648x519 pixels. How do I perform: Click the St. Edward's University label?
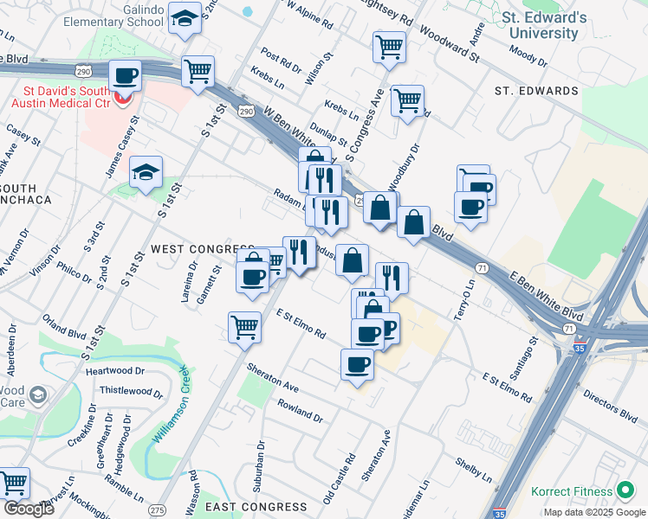(544, 25)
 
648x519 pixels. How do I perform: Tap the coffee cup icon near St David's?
(126, 76)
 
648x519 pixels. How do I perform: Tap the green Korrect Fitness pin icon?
(625, 491)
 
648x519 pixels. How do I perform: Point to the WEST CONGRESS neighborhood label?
(202, 248)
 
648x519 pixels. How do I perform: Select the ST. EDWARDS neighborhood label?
(535, 91)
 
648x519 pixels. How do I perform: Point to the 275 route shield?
(158, 510)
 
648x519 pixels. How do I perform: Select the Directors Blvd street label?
(610, 404)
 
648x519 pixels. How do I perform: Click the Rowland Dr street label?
(300, 411)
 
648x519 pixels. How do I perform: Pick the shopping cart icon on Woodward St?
(389, 47)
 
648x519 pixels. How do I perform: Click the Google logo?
(29, 509)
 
